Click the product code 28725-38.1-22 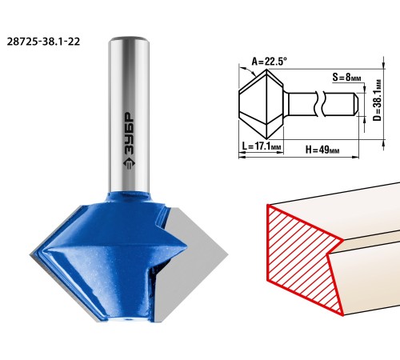point(43,42)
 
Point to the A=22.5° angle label point(270,62)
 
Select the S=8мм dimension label point(346,78)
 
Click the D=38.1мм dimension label point(378,100)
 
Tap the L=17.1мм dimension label point(261,146)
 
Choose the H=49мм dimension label point(322,150)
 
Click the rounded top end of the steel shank point(129,41)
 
